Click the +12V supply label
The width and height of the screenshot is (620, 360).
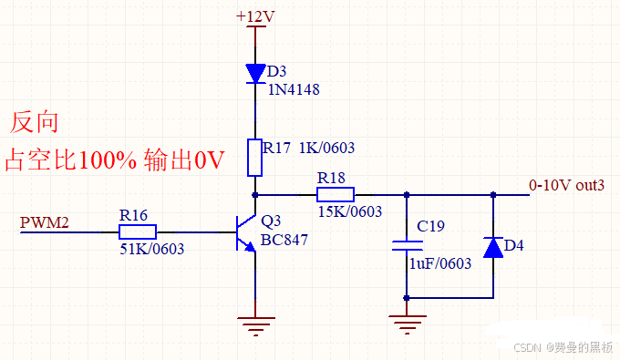255,16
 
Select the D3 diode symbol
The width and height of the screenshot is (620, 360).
255,72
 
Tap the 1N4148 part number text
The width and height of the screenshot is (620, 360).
294,89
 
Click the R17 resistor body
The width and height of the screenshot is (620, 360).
255,156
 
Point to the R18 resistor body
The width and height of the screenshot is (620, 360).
336,194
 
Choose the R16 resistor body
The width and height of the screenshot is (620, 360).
138,231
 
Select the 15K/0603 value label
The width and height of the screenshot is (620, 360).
349,211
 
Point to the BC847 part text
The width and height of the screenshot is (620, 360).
284,241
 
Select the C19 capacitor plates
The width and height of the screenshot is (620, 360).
407,245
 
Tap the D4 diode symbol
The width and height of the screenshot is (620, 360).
493,246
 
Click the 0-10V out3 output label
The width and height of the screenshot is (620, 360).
566,185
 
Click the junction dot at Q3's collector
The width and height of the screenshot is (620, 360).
255,194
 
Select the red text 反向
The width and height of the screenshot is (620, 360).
35,122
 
